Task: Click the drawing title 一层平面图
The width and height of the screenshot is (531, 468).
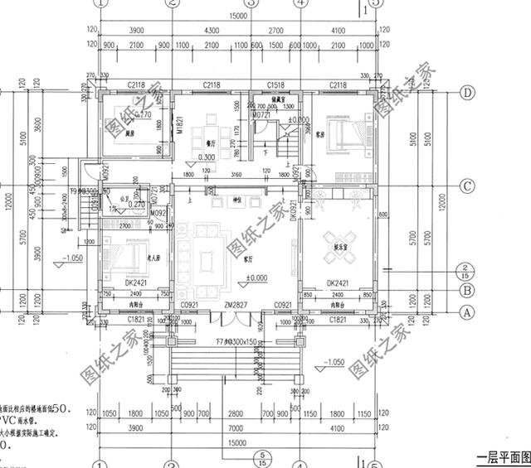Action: coord(501,457)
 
